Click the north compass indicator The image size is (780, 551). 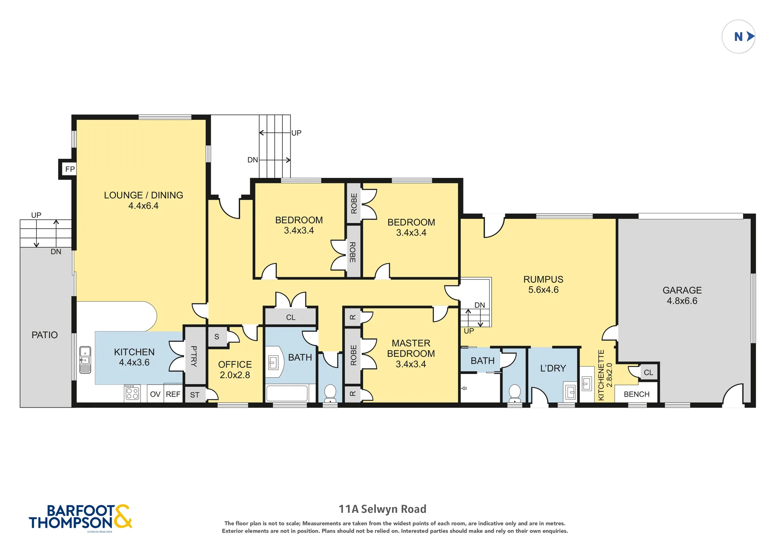738,37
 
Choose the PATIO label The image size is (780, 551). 45,335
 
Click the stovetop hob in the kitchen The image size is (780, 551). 132,393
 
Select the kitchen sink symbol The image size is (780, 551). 85,360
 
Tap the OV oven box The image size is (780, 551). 155,394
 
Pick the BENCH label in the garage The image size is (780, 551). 637,394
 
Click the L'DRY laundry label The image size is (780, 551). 553,368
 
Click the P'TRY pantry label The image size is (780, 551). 194,356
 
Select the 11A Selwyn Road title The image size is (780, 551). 383,509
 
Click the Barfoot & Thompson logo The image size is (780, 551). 80,518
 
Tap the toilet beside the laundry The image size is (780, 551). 515,393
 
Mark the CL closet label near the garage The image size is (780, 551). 648,372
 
